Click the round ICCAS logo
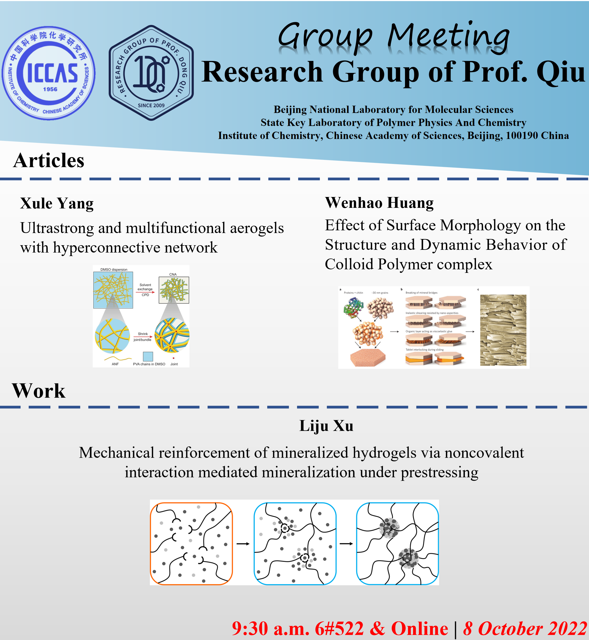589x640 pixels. pos(49,73)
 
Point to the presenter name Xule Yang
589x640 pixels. pos(57,203)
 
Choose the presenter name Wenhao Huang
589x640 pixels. pos(379,203)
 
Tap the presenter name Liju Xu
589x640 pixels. pos(326,426)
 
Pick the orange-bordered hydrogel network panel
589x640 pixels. pos(191,544)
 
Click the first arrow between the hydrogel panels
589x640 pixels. pos(243,544)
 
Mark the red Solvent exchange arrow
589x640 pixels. pos(145,292)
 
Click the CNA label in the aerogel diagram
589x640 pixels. pos(173,274)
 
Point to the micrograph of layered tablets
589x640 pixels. pos(503,330)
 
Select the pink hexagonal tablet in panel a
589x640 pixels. pos(368,357)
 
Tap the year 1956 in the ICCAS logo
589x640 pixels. pos(50,89)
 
